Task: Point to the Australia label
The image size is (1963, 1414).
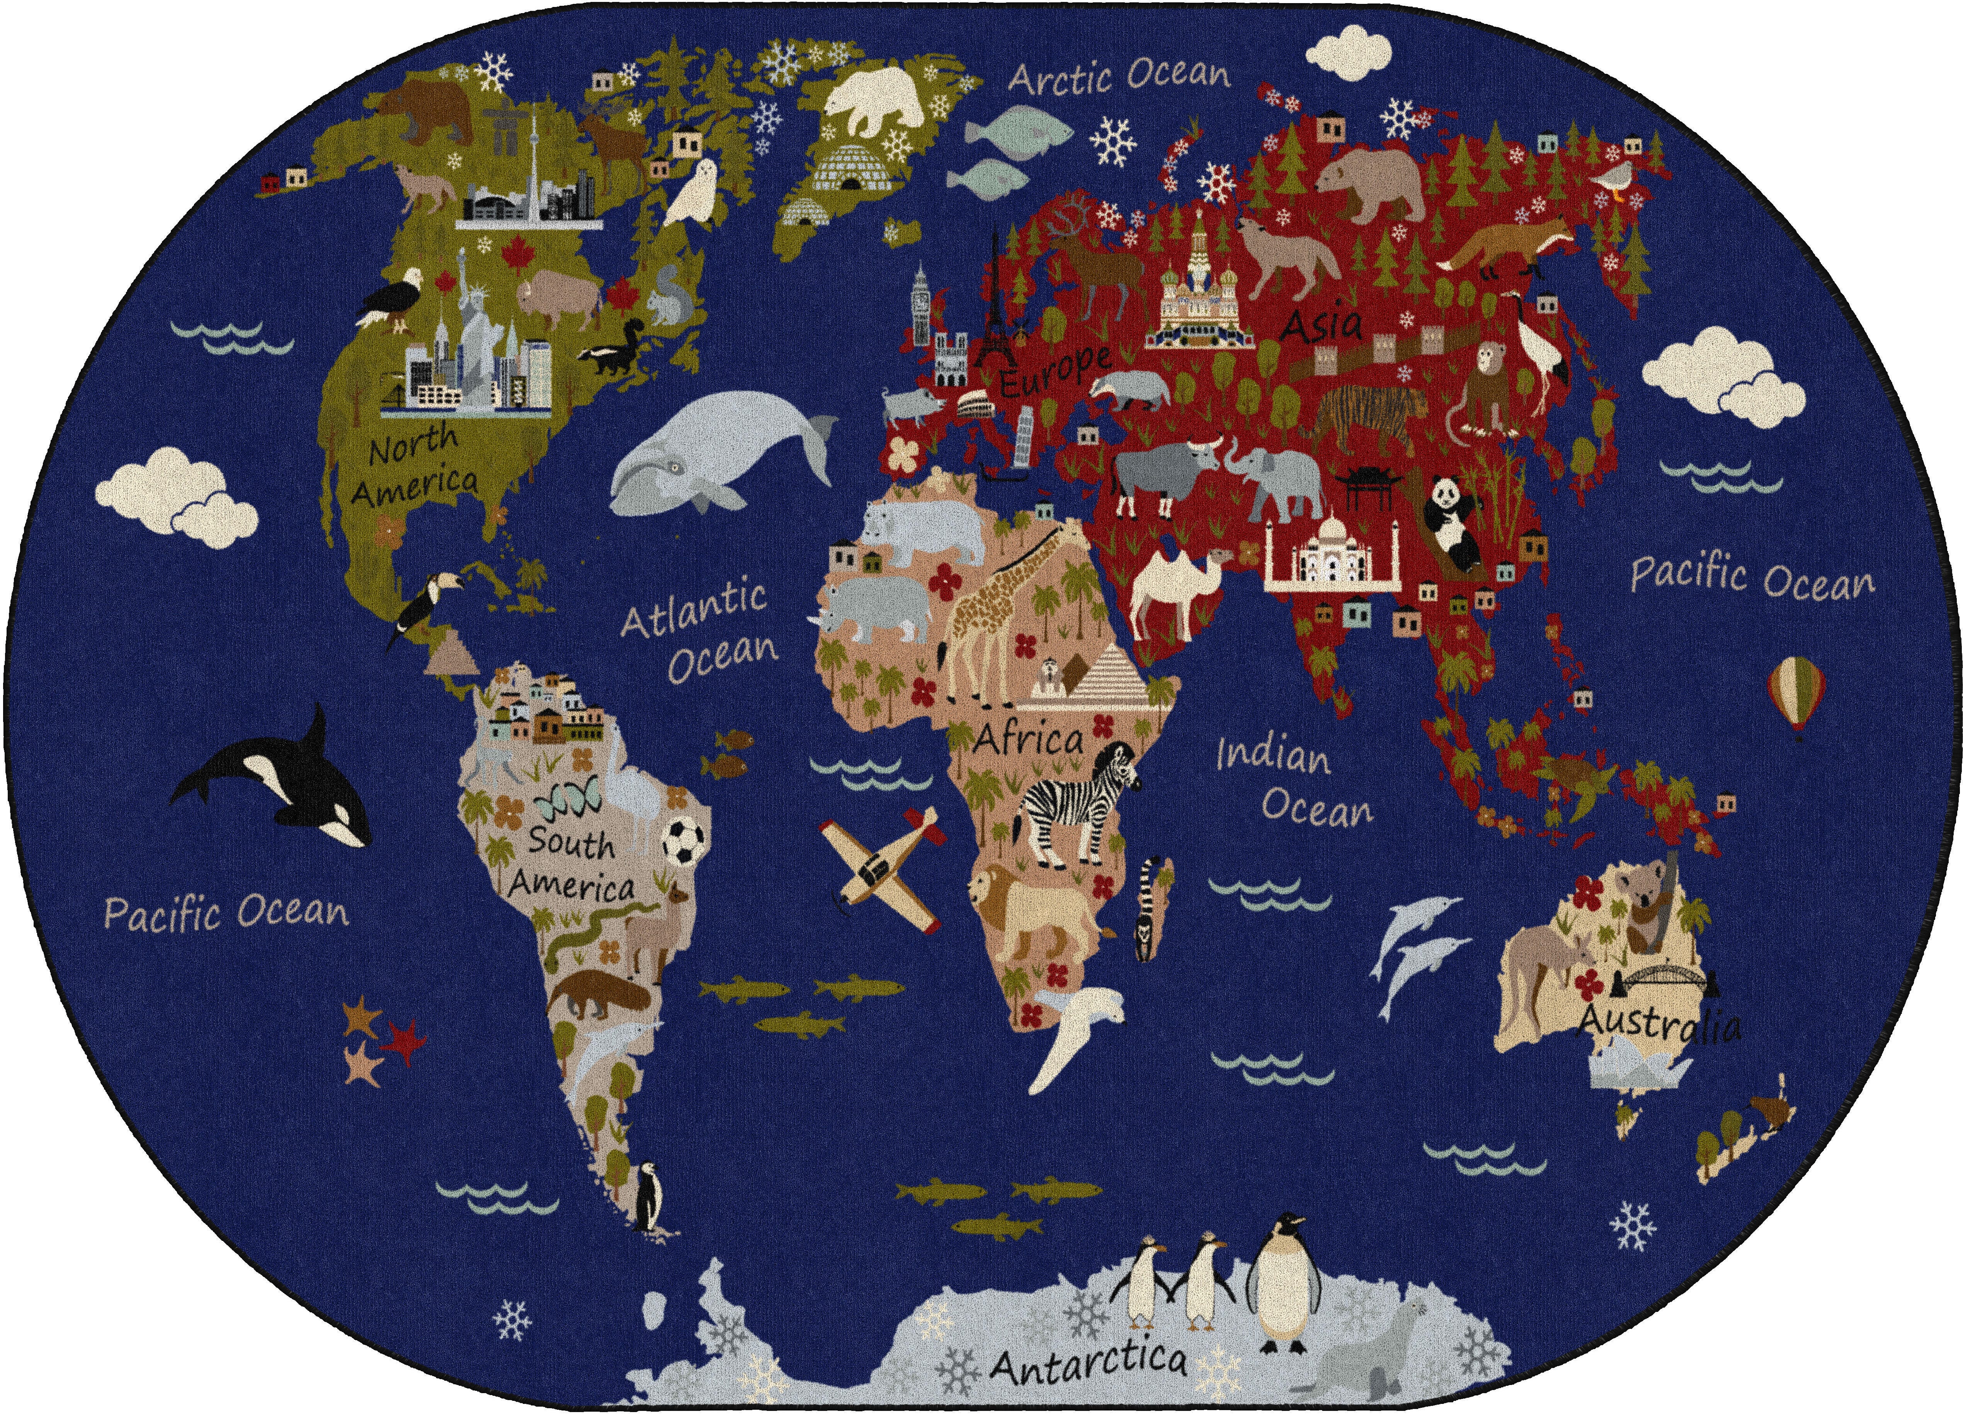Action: coord(1657,1024)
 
